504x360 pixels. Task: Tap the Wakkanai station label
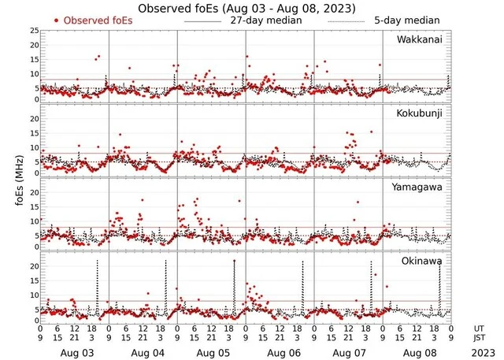pos(418,39)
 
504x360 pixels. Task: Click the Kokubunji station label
pos(419,113)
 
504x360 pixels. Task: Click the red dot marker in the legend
pos(57,20)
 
